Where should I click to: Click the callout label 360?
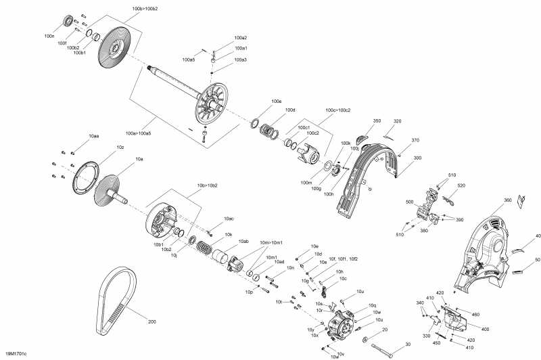(507, 200)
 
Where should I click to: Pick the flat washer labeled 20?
(366, 338)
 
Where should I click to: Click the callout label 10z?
(120, 147)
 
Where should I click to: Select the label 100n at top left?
(49, 35)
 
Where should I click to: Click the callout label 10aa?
(93, 136)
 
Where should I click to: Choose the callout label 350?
(377, 121)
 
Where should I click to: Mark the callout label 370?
(415, 140)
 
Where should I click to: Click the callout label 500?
(409, 202)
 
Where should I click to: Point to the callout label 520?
(461, 185)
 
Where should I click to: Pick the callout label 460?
(475, 314)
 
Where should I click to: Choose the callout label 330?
(427, 336)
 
